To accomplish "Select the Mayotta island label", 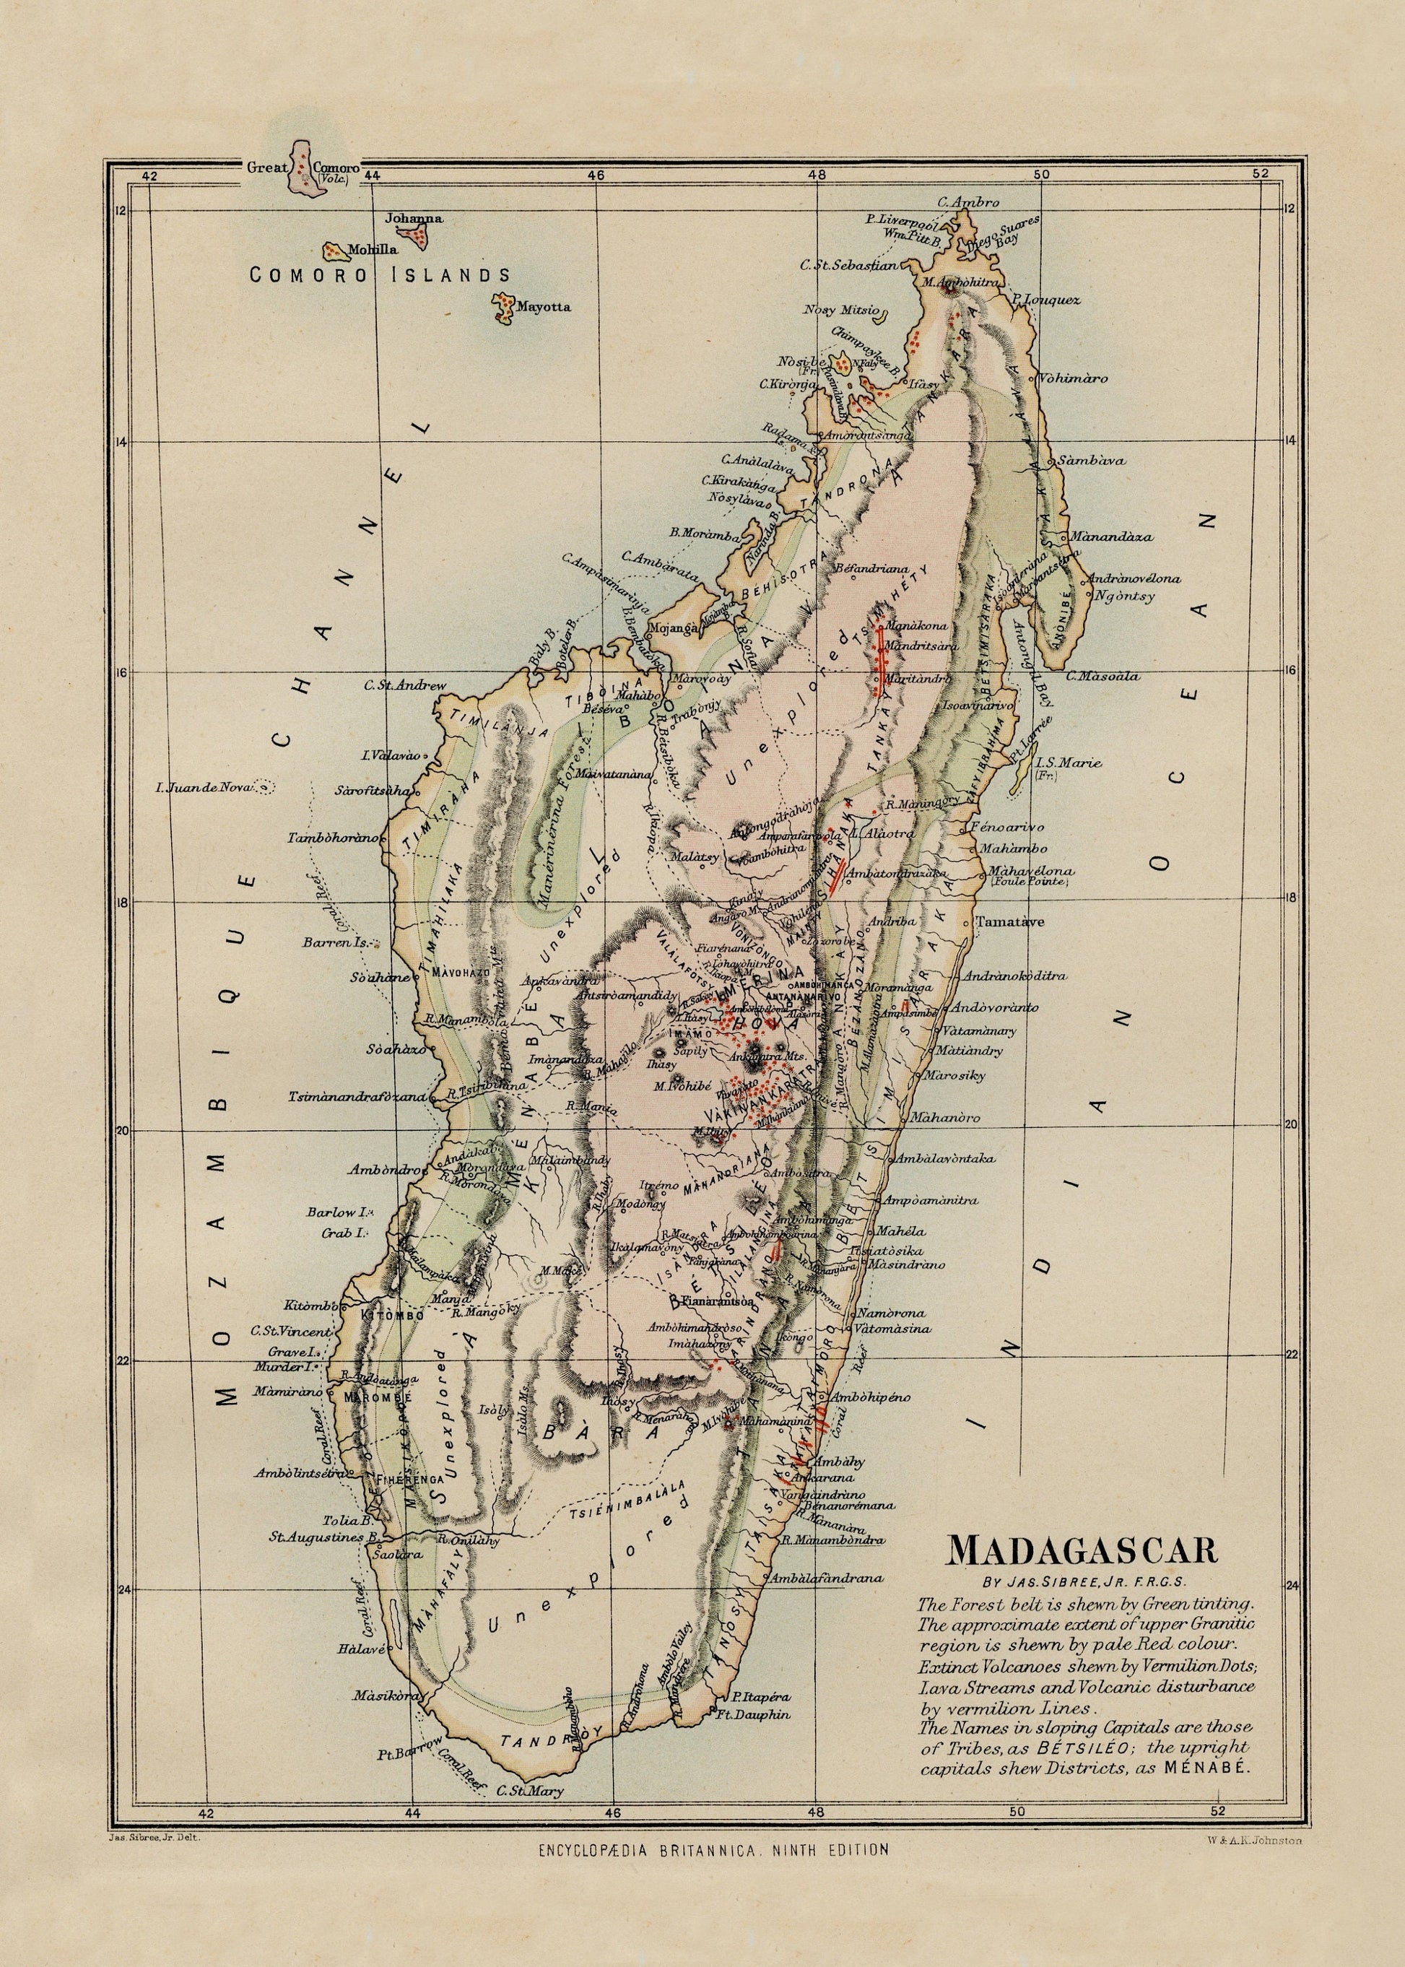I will tap(544, 306).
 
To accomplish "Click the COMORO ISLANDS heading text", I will tap(380, 275).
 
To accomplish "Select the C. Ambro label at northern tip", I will tap(975, 202).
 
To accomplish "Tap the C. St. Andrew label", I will tap(405, 685).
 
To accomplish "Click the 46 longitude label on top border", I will tap(594, 175).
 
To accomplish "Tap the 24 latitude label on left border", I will tap(123, 1589).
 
